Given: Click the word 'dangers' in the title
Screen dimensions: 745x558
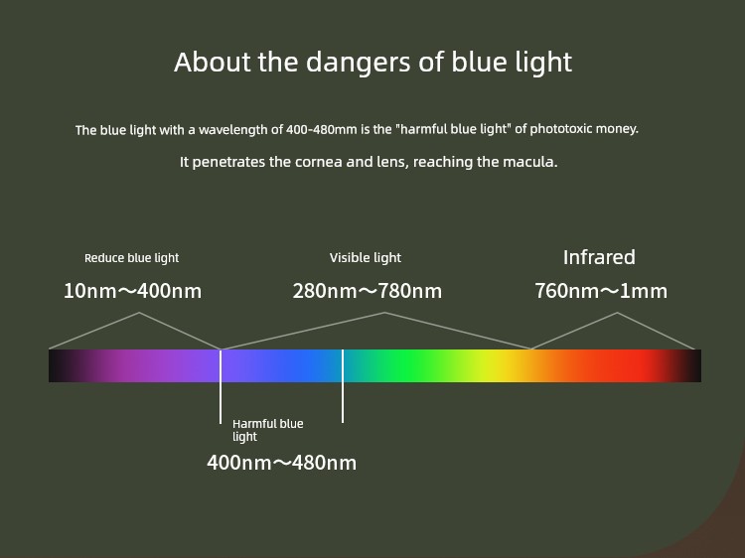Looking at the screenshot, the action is pos(358,64).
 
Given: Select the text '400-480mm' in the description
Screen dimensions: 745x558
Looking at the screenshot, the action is pos(321,129).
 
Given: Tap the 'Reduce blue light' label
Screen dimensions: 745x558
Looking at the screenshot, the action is pos(131,258).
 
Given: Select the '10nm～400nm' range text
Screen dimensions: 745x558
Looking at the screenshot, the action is pos(132,291).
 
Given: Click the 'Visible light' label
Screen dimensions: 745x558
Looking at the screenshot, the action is pos(366,258).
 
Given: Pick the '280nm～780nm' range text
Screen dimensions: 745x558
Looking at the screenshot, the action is pos(368,291).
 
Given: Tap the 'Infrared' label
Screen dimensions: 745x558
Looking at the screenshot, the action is pos(599,257).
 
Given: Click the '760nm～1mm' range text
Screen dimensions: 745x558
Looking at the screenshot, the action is pos(601,291).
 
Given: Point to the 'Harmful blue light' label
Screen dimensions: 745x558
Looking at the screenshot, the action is pos(268,430).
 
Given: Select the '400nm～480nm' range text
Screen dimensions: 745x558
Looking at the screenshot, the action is pos(282,463).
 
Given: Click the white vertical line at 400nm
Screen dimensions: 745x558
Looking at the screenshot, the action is pos(221,386).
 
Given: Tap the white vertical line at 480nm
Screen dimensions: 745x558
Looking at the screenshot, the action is pos(343,385).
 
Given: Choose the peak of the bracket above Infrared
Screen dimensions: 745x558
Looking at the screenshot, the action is pos(617,313).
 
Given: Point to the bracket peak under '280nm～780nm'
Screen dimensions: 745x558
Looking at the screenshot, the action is pos(384,313).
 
